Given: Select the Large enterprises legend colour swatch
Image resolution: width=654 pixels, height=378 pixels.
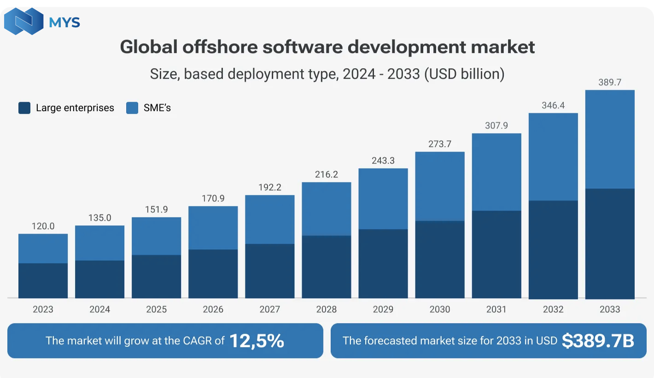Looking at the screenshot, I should pyautogui.click(x=24, y=108).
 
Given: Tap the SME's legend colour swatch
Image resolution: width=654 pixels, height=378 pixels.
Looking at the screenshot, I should pyautogui.click(x=132, y=108).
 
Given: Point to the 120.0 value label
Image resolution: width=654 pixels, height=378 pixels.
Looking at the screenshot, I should pyautogui.click(x=43, y=226).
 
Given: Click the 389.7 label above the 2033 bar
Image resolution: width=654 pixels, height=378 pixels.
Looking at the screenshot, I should pyautogui.click(x=610, y=83).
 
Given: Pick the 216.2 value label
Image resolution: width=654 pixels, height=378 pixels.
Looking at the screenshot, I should pyautogui.click(x=326, y=175).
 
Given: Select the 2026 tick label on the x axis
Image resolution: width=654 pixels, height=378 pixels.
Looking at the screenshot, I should pyautogui.click(x=213, y=309).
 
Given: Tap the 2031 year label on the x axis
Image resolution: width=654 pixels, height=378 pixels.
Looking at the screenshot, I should pyautogui.click(x=496, y=309).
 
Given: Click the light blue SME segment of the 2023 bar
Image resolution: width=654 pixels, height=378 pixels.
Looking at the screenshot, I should pyautogui.click(x=43, y=248).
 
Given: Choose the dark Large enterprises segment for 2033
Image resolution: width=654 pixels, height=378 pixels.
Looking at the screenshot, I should pyautogui.click(x=610, y=243).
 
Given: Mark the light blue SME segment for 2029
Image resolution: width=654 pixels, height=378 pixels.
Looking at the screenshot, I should pyautogui.click(x=383, y=199).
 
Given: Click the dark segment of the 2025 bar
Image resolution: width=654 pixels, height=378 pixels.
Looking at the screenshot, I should pyautogui.click(x=156, y=276).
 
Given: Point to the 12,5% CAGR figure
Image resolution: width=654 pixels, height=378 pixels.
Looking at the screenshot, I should pyautogui.click(x=257, y=341).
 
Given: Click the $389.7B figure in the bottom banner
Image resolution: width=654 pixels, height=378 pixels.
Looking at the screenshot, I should pyautogui.click(x=598, y=341).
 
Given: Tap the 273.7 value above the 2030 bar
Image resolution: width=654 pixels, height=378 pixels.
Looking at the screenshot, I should pyautogui.click(x=439, y=144).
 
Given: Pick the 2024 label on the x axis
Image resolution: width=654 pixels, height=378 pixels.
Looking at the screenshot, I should pyautogui.click(x=99, y=309).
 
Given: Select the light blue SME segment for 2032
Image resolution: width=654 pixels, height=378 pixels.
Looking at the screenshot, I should pyautogui.click(x=553, y=157).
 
